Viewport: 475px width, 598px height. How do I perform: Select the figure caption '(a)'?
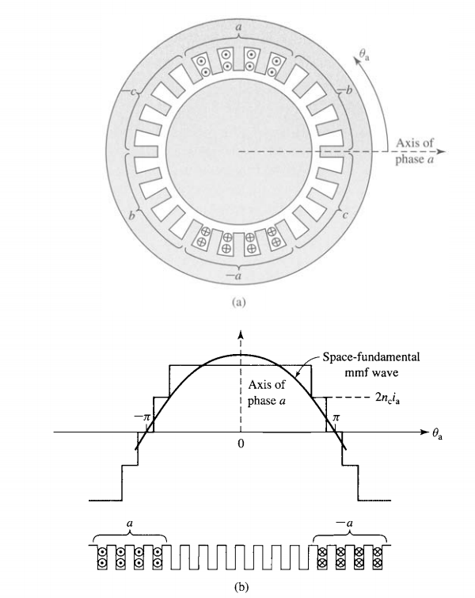tap(238, 302)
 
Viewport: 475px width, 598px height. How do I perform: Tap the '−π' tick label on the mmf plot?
tap(142, 417)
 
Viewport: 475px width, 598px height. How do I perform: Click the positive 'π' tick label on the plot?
tap(335, 417)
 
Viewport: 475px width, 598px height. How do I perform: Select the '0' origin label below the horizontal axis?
tap(239, 444)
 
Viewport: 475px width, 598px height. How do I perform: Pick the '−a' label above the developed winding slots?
tap(348, 524)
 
